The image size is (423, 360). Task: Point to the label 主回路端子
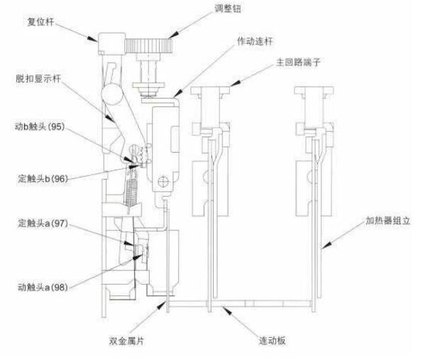click(299, 62)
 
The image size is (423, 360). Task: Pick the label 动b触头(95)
click(43, 127)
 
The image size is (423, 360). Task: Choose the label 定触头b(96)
click(43, 178)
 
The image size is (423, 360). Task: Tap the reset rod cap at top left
click(111, 43)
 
